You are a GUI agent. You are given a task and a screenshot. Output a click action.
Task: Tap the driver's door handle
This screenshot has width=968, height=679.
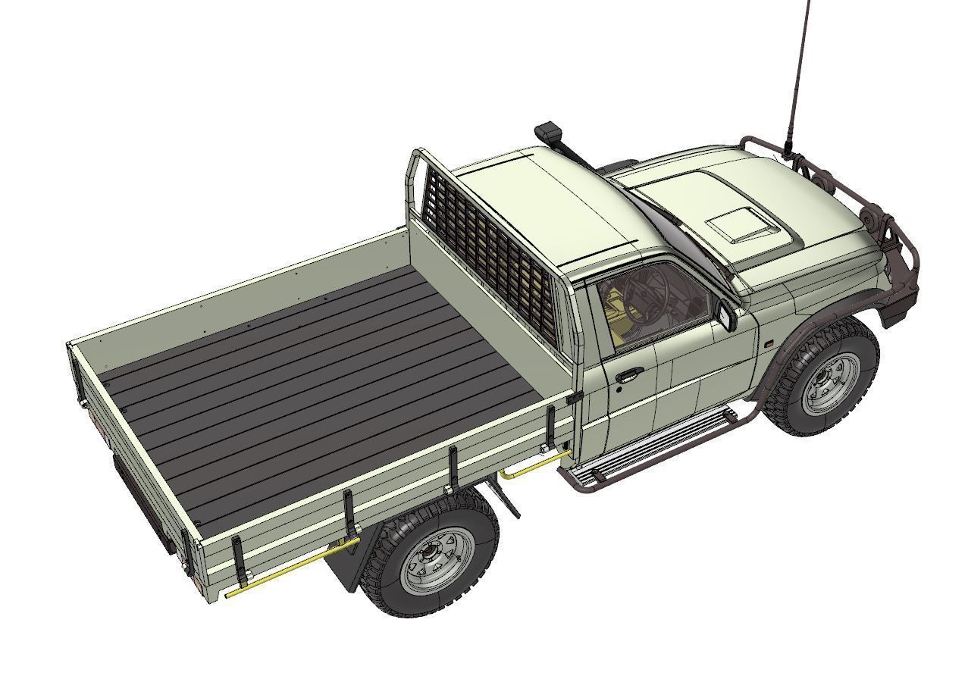tap(629, 374)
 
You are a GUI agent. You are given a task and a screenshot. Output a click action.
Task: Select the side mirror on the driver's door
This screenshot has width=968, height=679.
tap(728, 316)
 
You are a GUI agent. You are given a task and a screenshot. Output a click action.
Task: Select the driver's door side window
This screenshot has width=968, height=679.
tap(652, 303)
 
